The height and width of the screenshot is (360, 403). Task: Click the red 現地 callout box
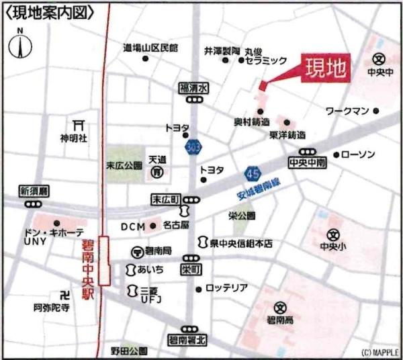point(326,68)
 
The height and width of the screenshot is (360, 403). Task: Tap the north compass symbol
point(20,47)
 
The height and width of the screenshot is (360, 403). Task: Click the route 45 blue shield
point(253,174)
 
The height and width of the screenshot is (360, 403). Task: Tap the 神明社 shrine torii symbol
point(77,125)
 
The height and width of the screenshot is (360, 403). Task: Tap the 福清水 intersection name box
point(195,87)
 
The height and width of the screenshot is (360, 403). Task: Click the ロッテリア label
point(226,288)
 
